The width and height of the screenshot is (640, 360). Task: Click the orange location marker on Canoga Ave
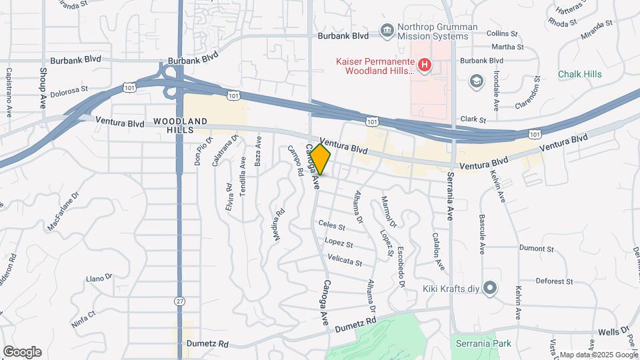point(321,160)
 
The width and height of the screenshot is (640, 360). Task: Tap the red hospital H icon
point(425,65)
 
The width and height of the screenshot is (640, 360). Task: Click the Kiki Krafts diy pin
point(490,288)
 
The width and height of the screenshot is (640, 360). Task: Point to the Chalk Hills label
point(579,74)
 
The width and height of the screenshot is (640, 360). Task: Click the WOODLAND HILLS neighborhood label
point(180,125)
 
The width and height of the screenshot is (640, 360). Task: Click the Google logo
point(22,352)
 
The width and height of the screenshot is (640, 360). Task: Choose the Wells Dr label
point(613,331)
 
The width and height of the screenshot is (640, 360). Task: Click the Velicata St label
point(345,261)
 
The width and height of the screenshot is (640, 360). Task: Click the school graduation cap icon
point(477,81)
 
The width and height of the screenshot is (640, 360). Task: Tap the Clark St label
point(473,120)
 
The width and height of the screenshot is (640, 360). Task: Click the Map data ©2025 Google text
point(597,355)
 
